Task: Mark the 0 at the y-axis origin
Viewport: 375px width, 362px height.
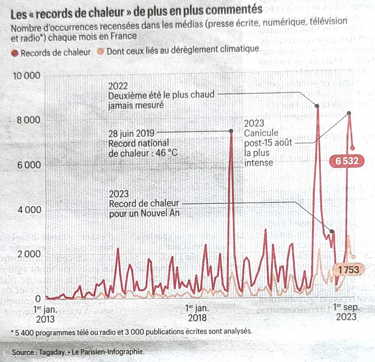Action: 38,299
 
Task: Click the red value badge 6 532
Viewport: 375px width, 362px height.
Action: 346,161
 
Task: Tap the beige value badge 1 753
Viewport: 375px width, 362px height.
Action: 349,270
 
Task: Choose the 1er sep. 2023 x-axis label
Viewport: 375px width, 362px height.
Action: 346,312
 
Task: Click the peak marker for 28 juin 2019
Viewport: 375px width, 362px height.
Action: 231,131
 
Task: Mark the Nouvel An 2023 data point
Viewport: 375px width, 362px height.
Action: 332,232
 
